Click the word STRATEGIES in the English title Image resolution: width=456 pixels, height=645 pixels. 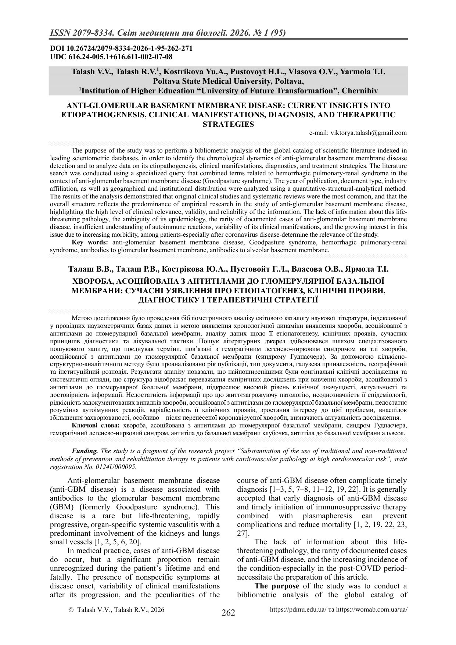228,124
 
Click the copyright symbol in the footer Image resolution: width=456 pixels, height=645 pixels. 72,609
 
